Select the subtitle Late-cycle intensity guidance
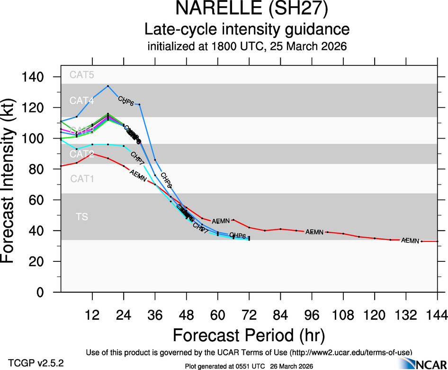(247, 29)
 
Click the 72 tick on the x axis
(249, 314)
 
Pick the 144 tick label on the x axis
(437, 314)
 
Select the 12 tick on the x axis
(92, 314)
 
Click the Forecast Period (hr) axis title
(249, 335)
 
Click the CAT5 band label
(82, 74)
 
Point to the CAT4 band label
(82, 101)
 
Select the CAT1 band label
(82, 179)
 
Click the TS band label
(81, 217)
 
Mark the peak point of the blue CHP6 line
(108, 86)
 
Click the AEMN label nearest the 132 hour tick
(410, 240)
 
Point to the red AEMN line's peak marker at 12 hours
(92, 154)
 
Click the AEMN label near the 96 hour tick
(314, 232)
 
